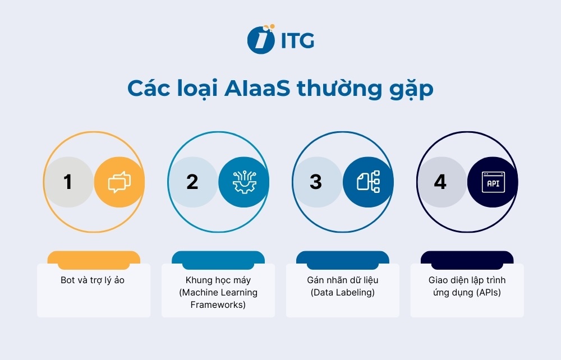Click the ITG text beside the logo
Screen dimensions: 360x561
coord(296,40)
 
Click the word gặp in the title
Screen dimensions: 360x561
coord(408,90)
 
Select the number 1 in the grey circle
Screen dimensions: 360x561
coord(68,182)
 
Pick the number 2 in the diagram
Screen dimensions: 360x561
coord(192,182)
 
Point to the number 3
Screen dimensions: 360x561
coord(316,182)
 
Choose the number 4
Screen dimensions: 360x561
coord(440,182)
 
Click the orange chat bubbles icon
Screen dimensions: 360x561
coord(119,182)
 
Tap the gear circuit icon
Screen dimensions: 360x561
coord(243,182)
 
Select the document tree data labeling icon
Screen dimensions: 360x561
coord(368,182)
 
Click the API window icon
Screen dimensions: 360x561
coord(493,182)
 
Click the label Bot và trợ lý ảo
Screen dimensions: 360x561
coord(93,280)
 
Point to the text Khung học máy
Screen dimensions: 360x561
coord(218,280)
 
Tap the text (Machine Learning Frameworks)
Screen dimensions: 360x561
coord(218,299)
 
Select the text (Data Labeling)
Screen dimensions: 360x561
coord(342,293)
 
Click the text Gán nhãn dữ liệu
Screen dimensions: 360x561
coord(342,280)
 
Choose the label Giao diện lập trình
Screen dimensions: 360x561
coord(467,280)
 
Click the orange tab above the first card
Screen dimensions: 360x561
coord(94,257)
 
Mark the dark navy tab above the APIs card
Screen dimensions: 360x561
coord(467,257)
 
